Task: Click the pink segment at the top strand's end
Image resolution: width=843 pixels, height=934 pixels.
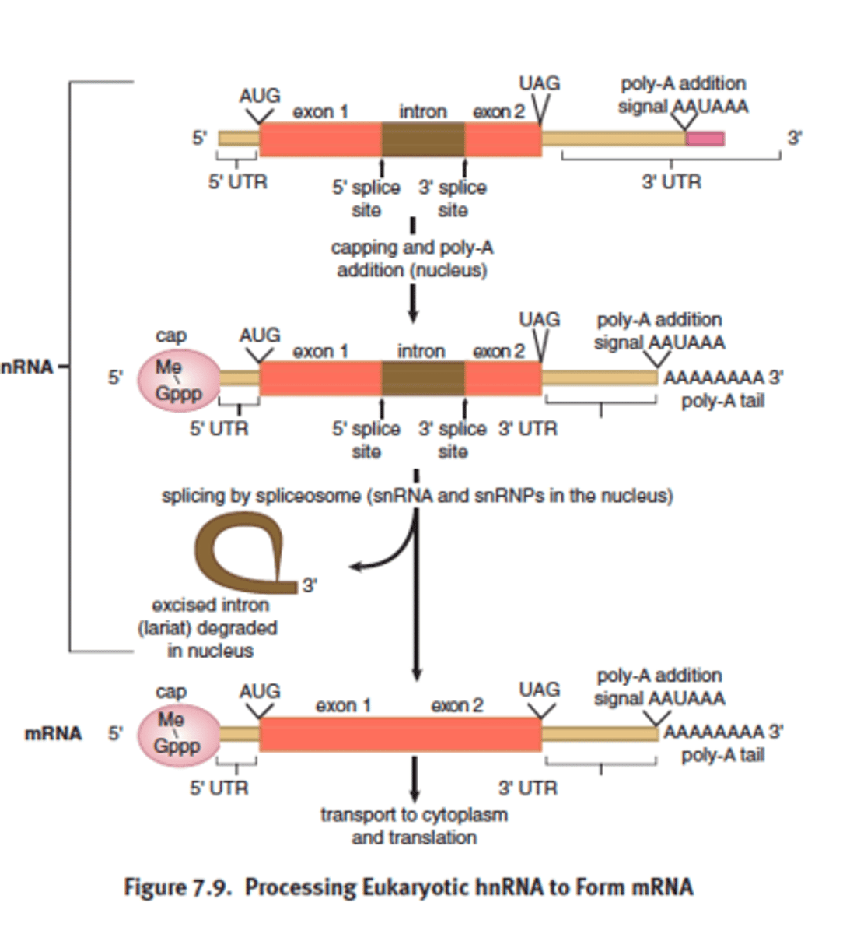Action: coord(705,139)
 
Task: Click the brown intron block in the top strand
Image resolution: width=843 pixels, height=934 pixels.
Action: coord(422,140)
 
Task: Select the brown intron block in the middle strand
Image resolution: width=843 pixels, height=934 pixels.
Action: coord(422,379)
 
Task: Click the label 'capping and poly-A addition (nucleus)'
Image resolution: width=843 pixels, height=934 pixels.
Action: coord(412,259)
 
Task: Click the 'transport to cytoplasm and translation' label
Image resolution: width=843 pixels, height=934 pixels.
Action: coord(414,826)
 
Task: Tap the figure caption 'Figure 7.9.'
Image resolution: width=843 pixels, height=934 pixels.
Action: coord(178,887)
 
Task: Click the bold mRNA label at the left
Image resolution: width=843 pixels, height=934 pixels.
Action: coord(53,733)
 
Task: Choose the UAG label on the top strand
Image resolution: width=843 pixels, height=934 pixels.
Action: coord(539,83)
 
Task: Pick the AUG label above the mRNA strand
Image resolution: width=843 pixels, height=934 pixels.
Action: coord(260,691)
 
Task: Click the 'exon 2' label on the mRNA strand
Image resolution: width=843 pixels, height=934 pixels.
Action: coord(457,705)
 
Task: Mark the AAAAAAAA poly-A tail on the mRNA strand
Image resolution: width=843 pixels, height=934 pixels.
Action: coord(713,732)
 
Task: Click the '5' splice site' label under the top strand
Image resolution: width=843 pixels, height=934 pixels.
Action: coord(366,198)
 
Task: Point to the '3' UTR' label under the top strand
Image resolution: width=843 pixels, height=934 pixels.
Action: coord(671,181)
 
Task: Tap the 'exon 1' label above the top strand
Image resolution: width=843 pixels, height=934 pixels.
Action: coord(320,111)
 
